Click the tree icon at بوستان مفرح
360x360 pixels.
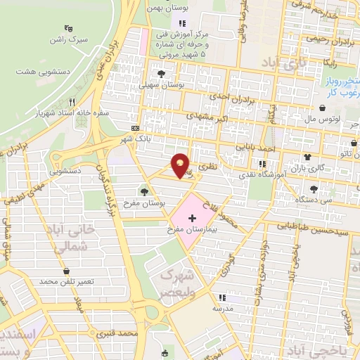point(145,191)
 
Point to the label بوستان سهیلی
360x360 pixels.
point(162,84)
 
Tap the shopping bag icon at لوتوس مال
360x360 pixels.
point(322,108)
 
